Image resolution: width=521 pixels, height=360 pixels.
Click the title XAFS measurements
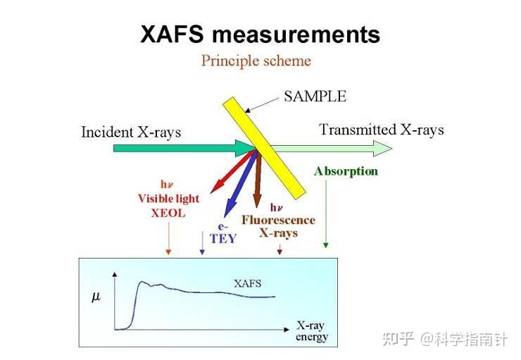point(260,34)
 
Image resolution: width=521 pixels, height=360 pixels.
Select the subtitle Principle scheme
point(256,61)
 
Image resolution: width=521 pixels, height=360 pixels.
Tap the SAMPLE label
point(315,97)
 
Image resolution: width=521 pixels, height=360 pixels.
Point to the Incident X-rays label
point(131,132)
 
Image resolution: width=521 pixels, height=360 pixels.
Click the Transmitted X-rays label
point(381,130)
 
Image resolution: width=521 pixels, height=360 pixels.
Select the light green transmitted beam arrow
point(331,148)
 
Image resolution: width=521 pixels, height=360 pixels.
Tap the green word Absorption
point(346,171)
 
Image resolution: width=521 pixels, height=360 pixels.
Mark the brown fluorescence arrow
point(258,179)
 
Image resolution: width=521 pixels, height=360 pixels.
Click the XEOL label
point(168,213)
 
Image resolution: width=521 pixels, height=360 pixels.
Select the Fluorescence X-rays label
point(278,226)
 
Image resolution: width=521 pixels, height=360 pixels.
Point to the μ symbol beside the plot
point(96,297)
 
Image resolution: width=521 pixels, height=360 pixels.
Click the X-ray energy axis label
point(311,332)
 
